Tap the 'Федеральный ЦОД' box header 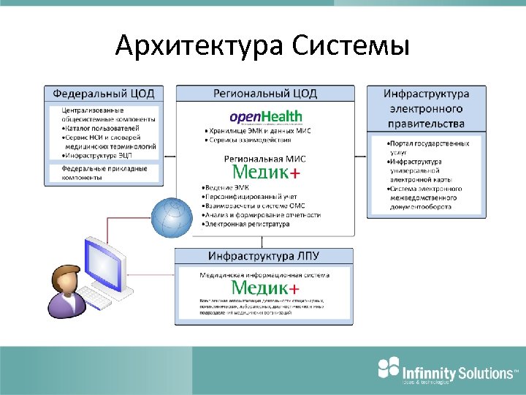pyautogui.click(x=104, y=94)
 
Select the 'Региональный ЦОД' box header pyautogui.click(x=264, y=94)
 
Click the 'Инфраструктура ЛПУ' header pyautogui.click(x=264, y=256)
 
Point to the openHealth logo pyautogui.click(x=264, y=117)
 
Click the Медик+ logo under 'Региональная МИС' pyautogui.click(x=264, y=172)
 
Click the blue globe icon pyautogui.click(x=174, y=218)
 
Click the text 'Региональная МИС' pyautogui.click(x=264, y=158)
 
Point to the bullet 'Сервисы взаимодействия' pyautogui.click(x=249, y=140)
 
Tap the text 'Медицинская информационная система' pyautogui.click(x=264, y=275)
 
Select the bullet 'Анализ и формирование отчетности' pyautogui.click(x=262, y=215)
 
